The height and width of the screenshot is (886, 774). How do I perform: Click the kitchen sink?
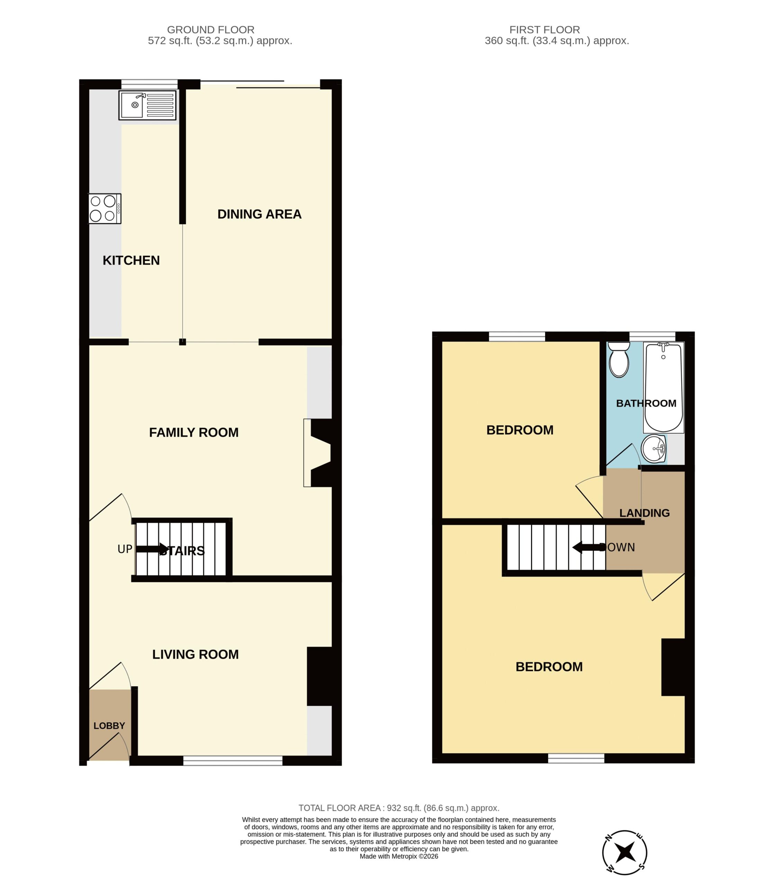tap(148, 105)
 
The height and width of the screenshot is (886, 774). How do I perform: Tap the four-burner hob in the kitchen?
tap(105, 209)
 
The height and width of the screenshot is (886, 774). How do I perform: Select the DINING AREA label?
tap(259, 214)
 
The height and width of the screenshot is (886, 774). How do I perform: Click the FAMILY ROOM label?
tap(193, 432)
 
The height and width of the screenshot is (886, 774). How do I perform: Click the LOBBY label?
tap(109, 726)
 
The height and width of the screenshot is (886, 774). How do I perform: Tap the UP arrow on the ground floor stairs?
tap(152, 549)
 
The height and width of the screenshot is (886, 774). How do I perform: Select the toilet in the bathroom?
tap(619, 359)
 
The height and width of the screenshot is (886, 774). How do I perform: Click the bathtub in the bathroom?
tap(664, 387)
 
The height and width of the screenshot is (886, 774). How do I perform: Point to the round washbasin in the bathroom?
tap(654, 449)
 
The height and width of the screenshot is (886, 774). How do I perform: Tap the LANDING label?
tap(645, 513)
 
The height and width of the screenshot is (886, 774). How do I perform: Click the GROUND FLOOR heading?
tap(211, 30)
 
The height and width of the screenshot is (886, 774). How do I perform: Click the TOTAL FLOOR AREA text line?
tap(399, 808)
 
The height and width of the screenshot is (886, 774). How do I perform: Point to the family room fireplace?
tap(317, 453)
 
